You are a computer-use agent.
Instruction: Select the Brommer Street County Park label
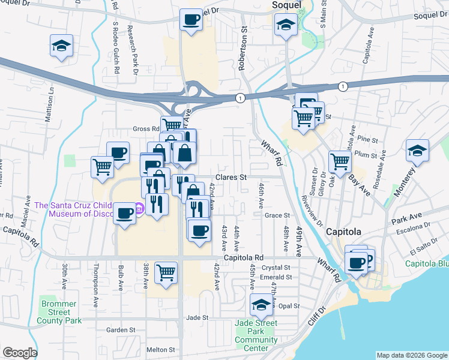pyautogui.click(x=59, y=312)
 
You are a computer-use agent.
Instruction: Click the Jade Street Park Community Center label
pyautogui.click(x=256, y=335)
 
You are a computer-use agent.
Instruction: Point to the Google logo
pyautogui.click(x=20, y=353)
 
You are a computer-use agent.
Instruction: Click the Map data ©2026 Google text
pyautogui.click(x=411, y=355)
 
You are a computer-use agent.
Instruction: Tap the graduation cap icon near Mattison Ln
pyautogui.click(x=61, y=46)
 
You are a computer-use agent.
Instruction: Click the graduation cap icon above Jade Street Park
pyautogui.click(x=261, y=305)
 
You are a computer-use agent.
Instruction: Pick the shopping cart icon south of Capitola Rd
pyautogui.click(x=166, y=272)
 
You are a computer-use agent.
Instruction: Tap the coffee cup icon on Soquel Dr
pyautogui.click(x=191, y=20)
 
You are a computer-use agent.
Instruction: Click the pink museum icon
pyautogui.click(x=140, y=208)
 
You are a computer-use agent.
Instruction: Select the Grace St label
pyautogui.click(x=277, y=215)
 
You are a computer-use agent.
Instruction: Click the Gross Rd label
pyautogui.click(x=145, y=129)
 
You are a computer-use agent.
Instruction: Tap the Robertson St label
pyautogui.click(x=243, y=48)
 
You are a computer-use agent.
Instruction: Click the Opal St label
pyautogui.click(x=289, y=306)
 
